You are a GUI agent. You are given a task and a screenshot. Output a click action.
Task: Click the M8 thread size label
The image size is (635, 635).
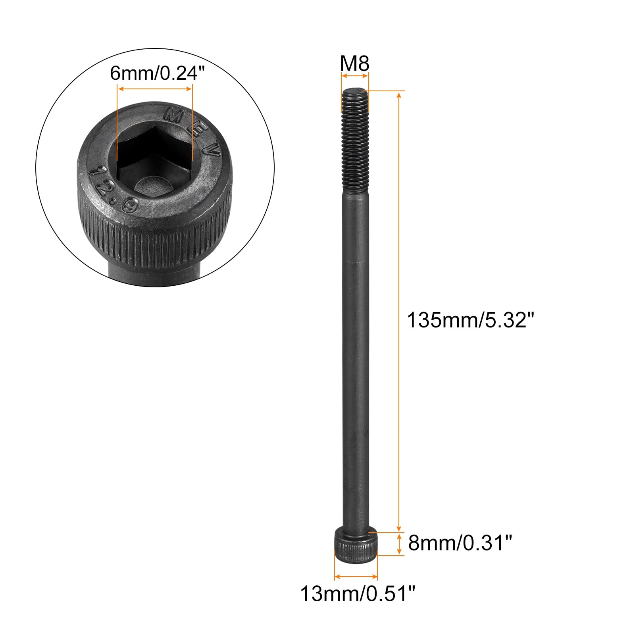click(x=355, y=63)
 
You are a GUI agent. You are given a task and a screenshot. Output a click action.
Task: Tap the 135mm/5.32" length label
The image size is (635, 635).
click(x=471, y=320)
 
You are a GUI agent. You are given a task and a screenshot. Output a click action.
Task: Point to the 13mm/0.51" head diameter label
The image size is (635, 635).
click(x=358, y=594)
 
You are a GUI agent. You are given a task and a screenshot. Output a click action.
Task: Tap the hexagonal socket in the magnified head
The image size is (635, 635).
click(x=155, y=153)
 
